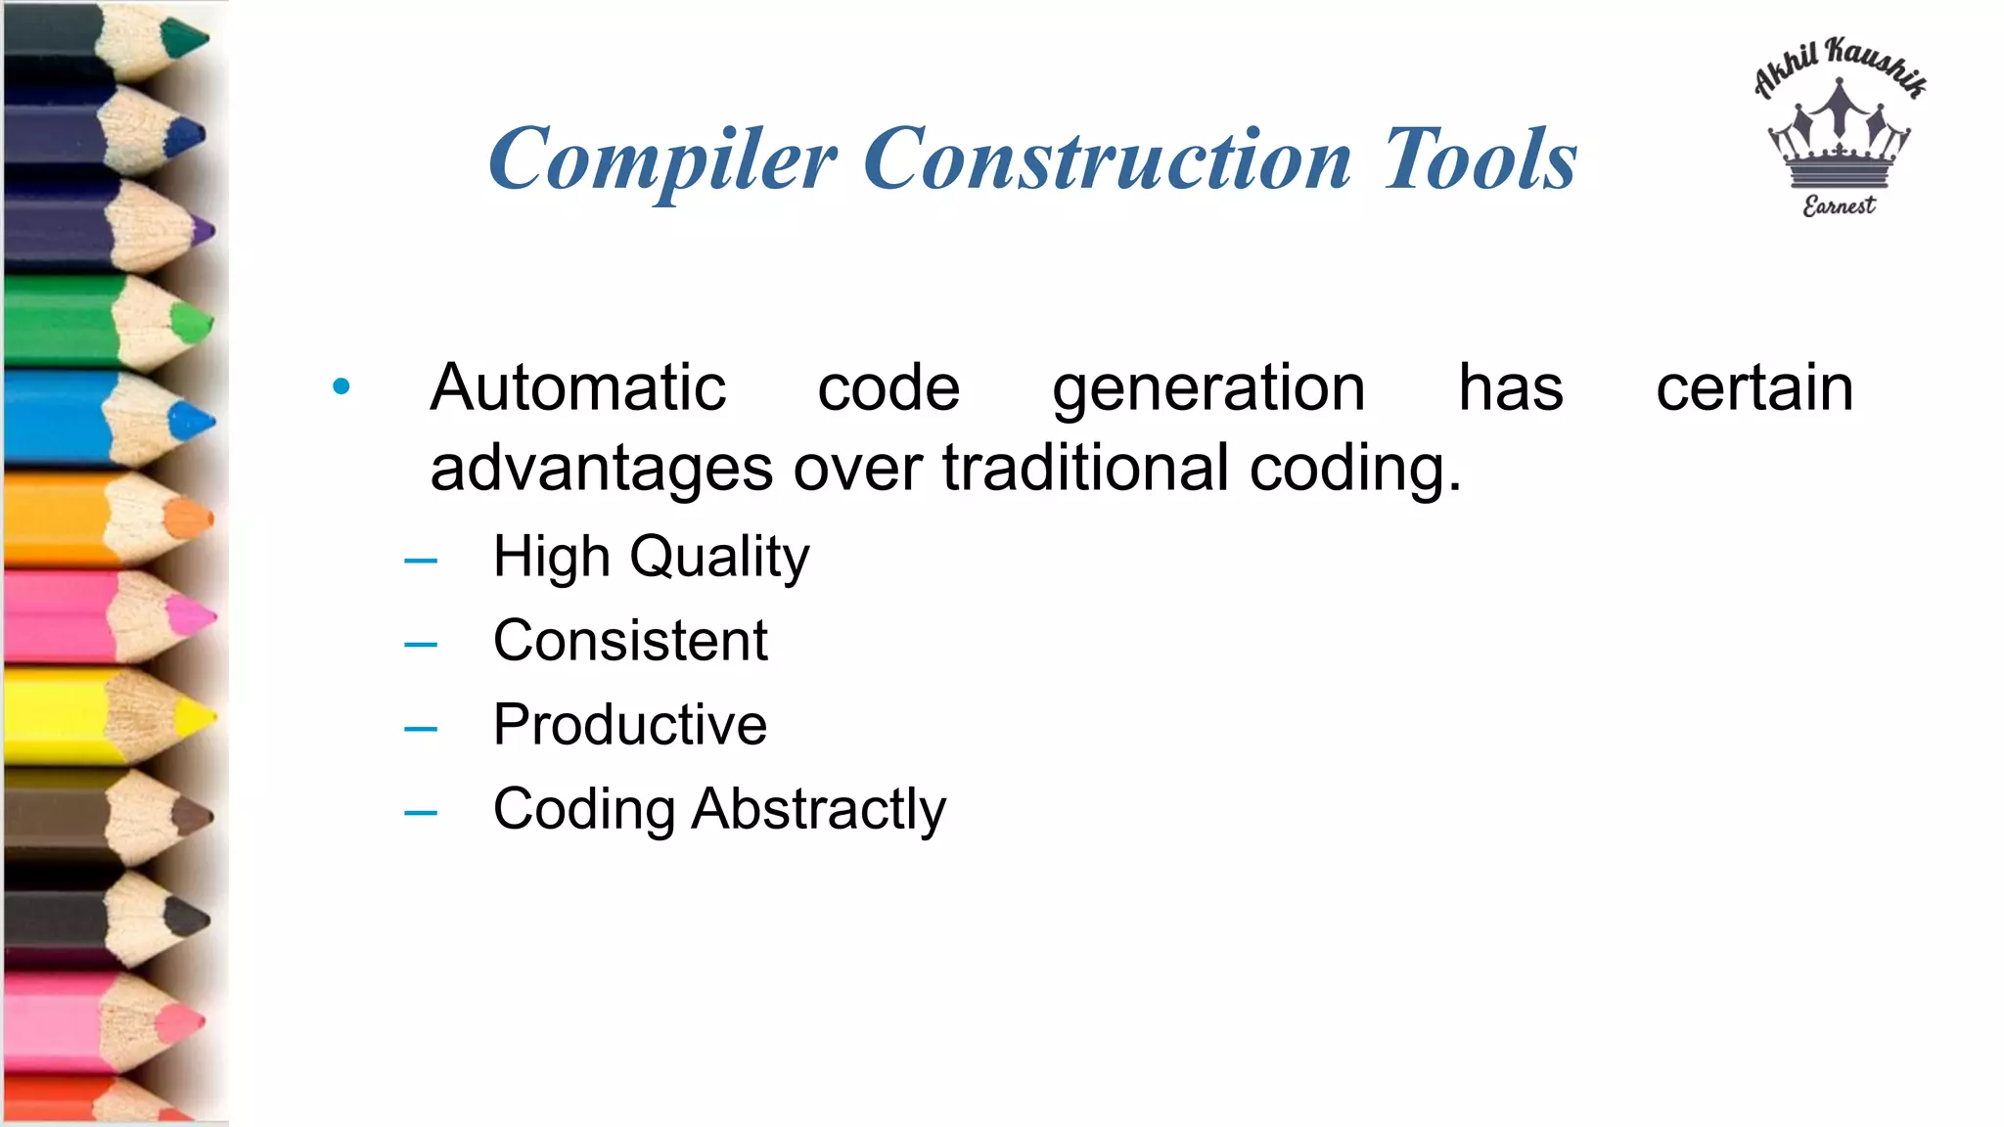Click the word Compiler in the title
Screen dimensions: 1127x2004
pyautogui.click(x=662, y=159)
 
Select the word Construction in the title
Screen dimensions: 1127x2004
pyautogui.click(x=1107, y=159)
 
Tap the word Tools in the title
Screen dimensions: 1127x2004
pyautogui.click(x=1480, y=159)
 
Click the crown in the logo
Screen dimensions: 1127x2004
pyautogui.click(x=1839, y=137)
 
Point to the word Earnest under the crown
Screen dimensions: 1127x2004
pyautogui.click(x=1839, y=205)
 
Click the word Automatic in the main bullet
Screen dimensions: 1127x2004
pyautogui.click(x=577, y=387)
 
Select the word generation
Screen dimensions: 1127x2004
pyautogui.click(x=1208, y=389)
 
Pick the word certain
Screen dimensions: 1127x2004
pyautogui.click(x=1754, y=387)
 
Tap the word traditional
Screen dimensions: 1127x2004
pyautogui.click(x=1085, y=468)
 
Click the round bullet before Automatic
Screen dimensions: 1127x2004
pyautogui.click(x=341, y=386)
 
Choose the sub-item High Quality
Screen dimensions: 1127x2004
pyautogui.click(x=651, y=558)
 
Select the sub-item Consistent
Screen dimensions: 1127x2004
pyautogui.click(x=630, y=641)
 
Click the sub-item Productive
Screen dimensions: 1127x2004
pyautogui.click(x=630, y=725)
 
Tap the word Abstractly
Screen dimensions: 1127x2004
pyautogui.click(x=819, y=810)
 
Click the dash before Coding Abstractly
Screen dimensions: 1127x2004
pyautogui.click(x=420, y=812)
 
